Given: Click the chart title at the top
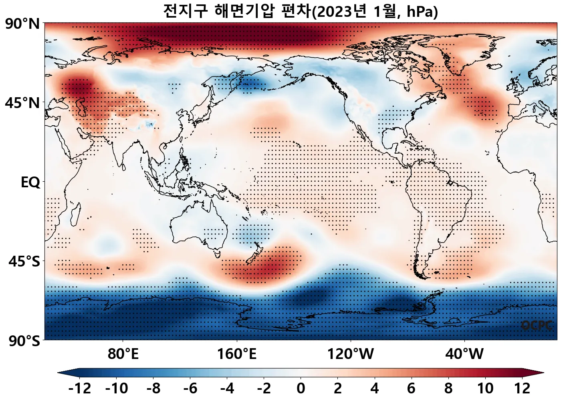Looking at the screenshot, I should point(300,11).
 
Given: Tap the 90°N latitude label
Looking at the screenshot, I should point(22,24).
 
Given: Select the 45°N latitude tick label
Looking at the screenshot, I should point(22,103).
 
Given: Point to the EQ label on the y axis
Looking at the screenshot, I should point(30,182).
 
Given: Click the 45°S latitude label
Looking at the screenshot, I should point(24,262).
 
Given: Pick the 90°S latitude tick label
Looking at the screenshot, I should point(24,341).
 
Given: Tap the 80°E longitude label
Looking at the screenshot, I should point(123,354).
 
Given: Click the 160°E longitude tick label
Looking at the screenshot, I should point(237,354).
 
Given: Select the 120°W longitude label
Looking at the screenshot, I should point(351,354).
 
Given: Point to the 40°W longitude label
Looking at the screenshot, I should point(464,354).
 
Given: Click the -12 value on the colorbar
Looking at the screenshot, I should point(80,388).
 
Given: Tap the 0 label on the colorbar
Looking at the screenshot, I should point(301,388).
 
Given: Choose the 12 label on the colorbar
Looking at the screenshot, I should point(522,388).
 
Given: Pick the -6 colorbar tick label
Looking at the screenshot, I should point(190,388).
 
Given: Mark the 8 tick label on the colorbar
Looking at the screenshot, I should point(448,388).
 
